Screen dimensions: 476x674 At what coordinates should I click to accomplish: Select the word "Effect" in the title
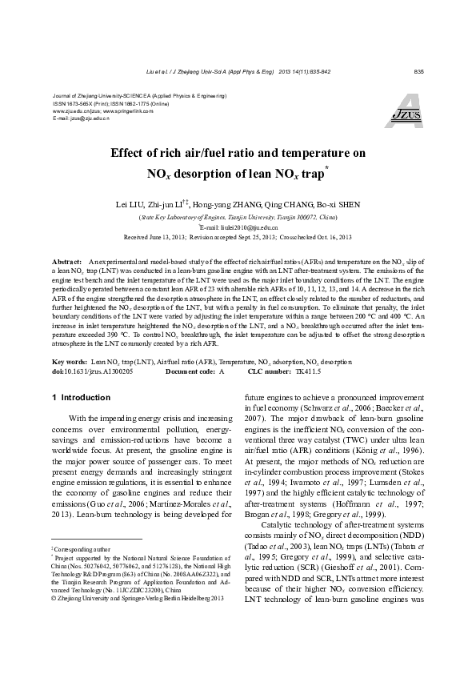[x=155, y=152]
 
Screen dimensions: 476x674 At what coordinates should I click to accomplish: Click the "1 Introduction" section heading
[x=75, y=397]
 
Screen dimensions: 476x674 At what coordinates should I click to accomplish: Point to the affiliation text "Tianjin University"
[x=239, y=217]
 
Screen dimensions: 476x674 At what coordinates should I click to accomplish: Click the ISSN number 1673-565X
[x=72, y=104]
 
